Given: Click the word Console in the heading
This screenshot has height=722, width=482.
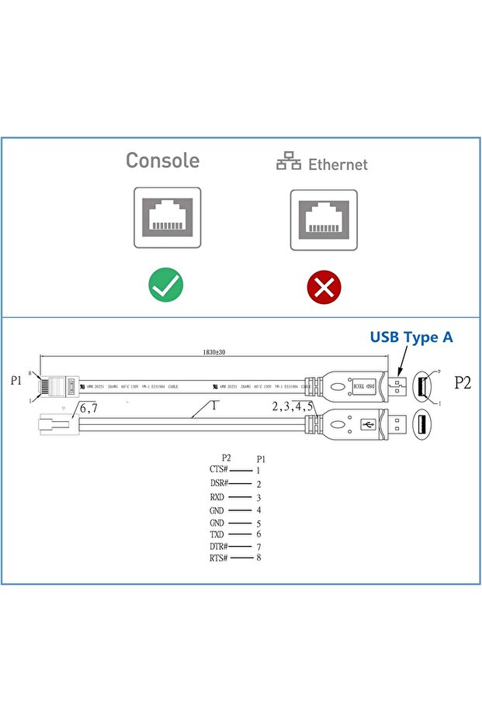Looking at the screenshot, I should click(162, 161).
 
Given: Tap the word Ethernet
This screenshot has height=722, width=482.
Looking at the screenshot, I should click(338, 164).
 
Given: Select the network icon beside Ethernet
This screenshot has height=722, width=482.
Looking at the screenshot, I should click(289, 162).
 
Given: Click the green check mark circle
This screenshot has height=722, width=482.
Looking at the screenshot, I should click(166, 285).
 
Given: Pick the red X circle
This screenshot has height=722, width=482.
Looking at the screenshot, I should click(324, 288).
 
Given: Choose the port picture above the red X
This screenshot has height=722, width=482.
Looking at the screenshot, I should click(324, 219).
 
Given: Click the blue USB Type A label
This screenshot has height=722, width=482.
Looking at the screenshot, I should click(411, 337).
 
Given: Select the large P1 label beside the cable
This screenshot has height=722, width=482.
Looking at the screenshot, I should click(16, 381).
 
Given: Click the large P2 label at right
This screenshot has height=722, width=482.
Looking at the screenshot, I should click(463, 382).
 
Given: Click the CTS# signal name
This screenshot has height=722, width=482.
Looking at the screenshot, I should click(219, 470).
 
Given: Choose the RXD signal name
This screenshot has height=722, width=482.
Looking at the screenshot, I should click(217, 497).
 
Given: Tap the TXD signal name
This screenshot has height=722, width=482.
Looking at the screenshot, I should click(217, 534).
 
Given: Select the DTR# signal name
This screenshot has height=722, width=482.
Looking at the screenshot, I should click(219, 547).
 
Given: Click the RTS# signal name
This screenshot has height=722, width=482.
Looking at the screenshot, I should click(219, 558).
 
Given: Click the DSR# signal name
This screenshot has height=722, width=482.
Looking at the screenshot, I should click(219, 484).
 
